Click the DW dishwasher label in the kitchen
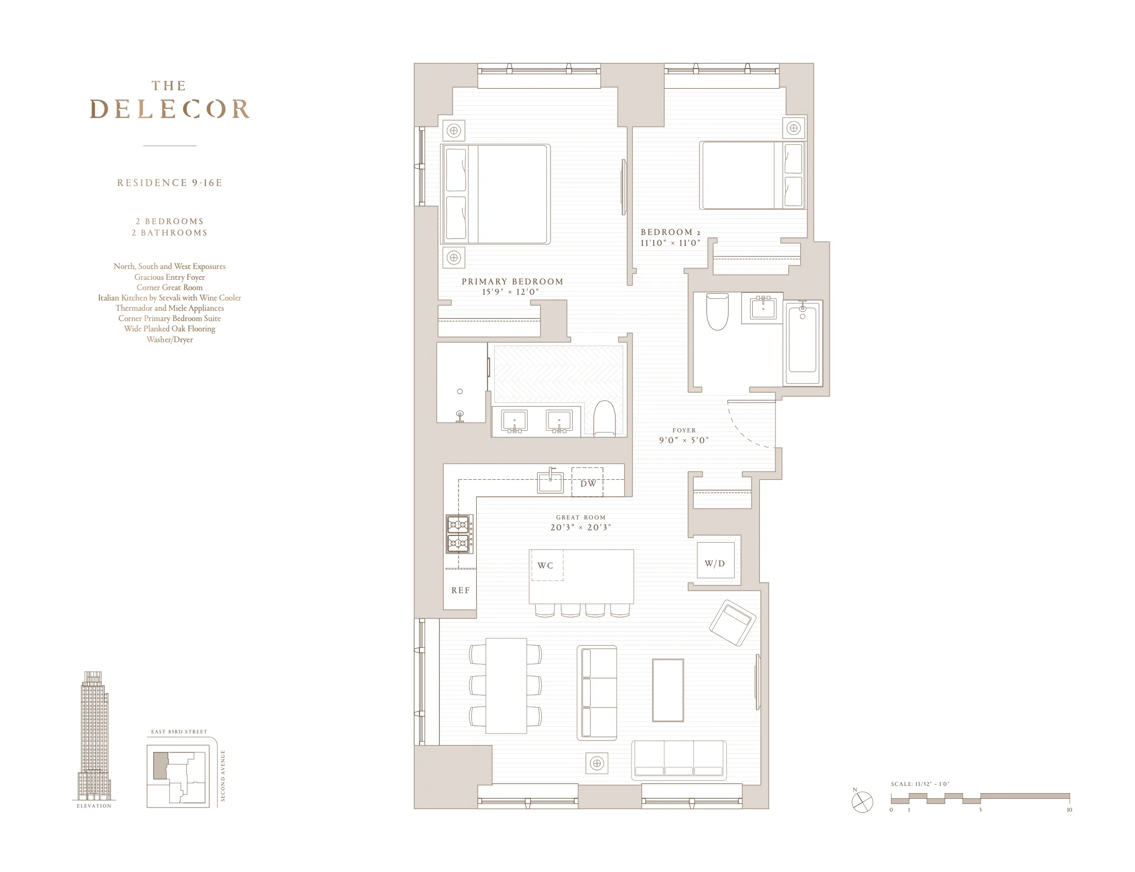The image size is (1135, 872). [x=588, y=483]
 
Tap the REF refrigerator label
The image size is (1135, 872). [x=460, y=590]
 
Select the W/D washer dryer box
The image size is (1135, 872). [x=715, y=561]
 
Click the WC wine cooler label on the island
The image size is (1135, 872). [x=545, y=565]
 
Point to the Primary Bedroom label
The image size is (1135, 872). [x=512, y=281]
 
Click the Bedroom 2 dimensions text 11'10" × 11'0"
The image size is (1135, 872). [x=670, y=243]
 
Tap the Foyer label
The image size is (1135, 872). [x=684, y=430]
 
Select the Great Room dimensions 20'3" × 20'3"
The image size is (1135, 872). [x=580, y=527]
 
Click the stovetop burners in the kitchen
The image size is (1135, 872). [x=459, y=534]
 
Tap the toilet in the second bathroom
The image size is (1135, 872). [x=717, y=311]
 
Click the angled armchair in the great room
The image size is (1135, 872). [x=733, y=623]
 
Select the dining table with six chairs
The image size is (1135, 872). [x=506, y=685]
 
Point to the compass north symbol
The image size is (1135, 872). [x=862, y=802]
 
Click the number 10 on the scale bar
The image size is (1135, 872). [x=1068, y=810]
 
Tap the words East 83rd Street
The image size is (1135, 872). [x=179, y=732]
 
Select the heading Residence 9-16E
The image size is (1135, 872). [x=169, y=183]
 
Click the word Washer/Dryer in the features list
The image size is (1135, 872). [x=169, y=340]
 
